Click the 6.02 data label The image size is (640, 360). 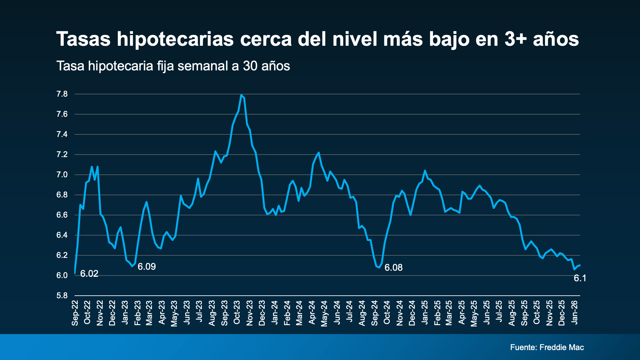(89, 274)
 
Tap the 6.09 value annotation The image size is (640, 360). (147, 267)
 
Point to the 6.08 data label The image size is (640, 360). (393, 268)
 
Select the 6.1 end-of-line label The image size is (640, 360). (580, 278)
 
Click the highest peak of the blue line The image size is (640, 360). (241, 95)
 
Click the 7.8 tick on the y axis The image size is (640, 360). (62, 94)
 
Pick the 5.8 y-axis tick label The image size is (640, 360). (62, 295)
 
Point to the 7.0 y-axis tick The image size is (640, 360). (62, 175)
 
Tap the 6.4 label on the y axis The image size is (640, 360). (62, 235)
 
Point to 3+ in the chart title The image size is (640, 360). (516, 39)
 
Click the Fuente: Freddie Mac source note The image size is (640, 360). (547, 347)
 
